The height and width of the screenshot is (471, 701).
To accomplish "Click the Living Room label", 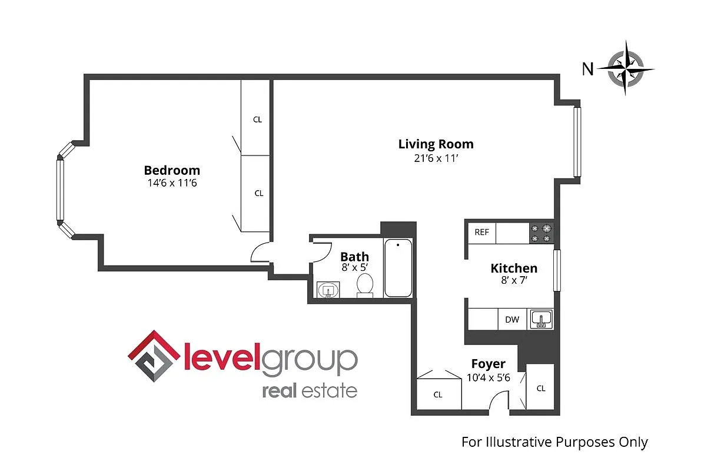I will click(436, 144).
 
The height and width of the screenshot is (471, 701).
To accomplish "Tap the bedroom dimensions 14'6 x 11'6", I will click(173, 183).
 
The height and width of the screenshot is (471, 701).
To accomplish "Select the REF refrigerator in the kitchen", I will click(481, 233).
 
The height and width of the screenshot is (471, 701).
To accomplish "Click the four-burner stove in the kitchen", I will click(541, 233).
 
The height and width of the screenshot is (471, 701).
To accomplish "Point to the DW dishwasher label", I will click(512, 320).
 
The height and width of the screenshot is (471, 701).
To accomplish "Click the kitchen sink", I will click(540, 320).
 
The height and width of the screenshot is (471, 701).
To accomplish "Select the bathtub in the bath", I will click(398, 268).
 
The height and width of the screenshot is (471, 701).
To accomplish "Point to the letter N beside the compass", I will click(587, 69).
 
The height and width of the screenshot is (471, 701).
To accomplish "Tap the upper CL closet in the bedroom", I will click(257, 119).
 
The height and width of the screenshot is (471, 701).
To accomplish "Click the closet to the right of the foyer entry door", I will click(540, 387).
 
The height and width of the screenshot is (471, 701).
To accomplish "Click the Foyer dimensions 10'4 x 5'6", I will click(488, 378).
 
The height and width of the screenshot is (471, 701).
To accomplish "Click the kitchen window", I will click(557, 270).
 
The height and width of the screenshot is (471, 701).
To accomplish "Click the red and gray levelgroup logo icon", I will click(154, 356).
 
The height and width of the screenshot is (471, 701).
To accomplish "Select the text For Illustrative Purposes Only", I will click(554, 442).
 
